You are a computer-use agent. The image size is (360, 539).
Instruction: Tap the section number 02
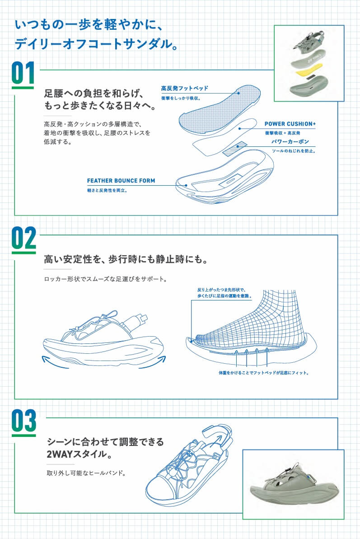[x=23, y=239]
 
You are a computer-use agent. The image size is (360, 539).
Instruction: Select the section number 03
[x=23, y=422]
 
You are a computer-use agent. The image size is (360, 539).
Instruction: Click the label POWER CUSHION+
[x=290, y=123]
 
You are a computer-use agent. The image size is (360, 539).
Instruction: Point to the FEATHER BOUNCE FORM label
[x=121, y=181]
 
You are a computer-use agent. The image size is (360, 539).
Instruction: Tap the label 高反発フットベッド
[x=184, y=88]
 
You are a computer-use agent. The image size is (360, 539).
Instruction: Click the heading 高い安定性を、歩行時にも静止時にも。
[x=125, y=260]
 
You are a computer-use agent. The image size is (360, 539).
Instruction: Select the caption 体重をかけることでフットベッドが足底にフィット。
[x=263, y=373]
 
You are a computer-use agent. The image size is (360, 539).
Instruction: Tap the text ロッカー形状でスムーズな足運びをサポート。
[x=106, y=279]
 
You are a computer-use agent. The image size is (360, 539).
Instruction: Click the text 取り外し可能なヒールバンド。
[x=85, y=473]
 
